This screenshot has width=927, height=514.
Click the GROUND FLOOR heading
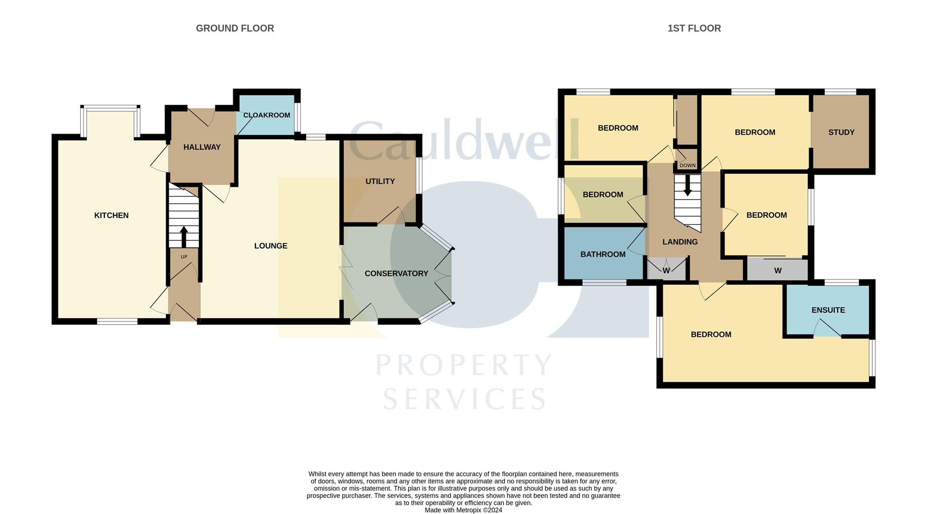pos(235,28)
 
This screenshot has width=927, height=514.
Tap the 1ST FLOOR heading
pos(694,28)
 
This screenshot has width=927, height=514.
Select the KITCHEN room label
pos(111,215)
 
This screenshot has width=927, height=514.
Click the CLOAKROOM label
pos(267,115)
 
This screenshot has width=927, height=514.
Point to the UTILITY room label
pos(380,181)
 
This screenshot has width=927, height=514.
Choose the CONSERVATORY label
pos(396,273)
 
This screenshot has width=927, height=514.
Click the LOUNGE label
pos(270,246)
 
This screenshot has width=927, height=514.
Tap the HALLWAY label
pos(202,147)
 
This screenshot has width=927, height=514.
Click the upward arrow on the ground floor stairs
pos(183,236)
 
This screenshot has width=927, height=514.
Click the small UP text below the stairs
pos(183,257)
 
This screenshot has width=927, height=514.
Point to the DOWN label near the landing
pos(687,166)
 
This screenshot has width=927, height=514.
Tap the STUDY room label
pos(841,132)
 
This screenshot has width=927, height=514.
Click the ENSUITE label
pos(828,310)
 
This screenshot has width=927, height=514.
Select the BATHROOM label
pos(603,254)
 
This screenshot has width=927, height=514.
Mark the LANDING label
pos(679,242)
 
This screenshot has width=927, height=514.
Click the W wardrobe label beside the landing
pos(666,271)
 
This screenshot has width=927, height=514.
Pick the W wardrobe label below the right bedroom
pos(777,271)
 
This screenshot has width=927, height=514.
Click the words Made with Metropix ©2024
pos(463,510)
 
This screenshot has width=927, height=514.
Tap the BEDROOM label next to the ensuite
pos(711,334)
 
